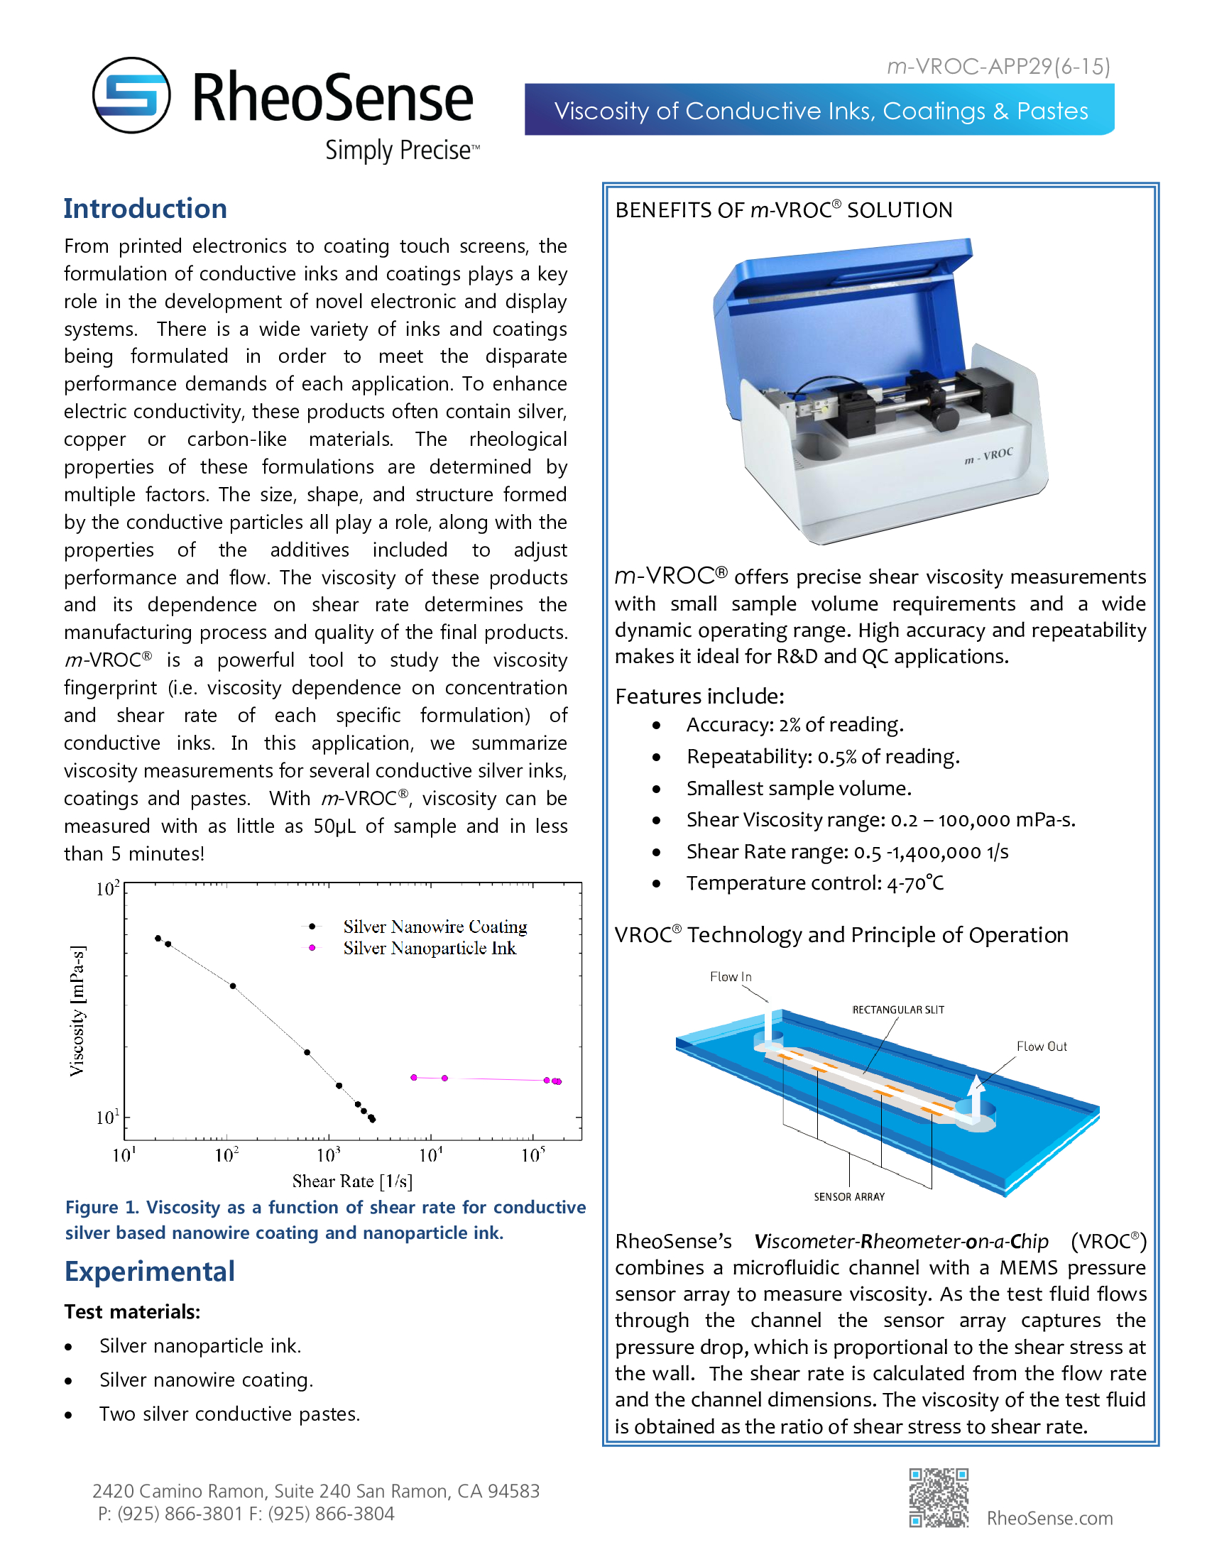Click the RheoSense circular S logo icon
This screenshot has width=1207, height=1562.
coord(131,95)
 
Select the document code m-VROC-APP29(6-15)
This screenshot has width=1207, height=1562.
coord(998,67)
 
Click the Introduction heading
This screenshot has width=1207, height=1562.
coord(145,209)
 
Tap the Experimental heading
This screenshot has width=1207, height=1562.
coord(149,1272)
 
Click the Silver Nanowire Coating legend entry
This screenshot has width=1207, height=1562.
coord(435,926)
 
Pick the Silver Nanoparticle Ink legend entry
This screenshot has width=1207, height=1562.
coord(429,948)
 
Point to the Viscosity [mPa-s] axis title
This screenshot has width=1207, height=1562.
coord(77,1010)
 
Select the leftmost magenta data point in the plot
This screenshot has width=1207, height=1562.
coord(414,1077)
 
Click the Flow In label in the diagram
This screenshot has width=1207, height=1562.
coord(730,977)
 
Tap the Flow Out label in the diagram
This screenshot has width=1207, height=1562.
coord(1041,1047)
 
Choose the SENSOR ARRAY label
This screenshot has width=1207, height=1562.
coord(848,1196)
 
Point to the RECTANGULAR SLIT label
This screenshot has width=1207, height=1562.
coord(898,1010)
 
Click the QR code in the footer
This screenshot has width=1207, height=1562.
coord(939,1497)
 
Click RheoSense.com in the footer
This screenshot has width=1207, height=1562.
coord(1049,1518)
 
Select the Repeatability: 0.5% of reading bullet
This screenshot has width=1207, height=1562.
coord(822,757)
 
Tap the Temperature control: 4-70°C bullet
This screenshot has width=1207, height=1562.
coord(814,883)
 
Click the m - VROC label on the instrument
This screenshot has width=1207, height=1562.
coord(988,456)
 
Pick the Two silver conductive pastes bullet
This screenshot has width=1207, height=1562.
coord(229,1414)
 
